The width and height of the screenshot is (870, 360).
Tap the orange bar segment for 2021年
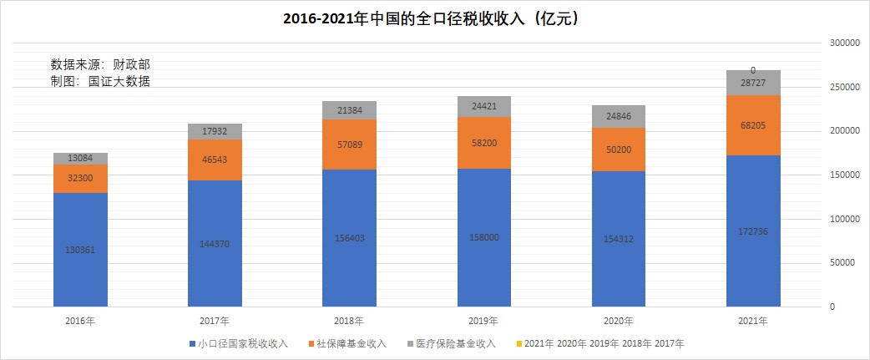click(753, 125)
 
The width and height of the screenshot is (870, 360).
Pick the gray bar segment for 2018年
click(349, 110)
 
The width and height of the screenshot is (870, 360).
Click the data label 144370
click(215, 243)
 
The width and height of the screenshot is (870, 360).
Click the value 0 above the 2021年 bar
click(753, 71)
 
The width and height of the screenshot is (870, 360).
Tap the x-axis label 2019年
click(483, 321)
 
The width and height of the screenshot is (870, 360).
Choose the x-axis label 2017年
click(215, 321)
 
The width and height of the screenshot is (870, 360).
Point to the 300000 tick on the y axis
click(843, 43)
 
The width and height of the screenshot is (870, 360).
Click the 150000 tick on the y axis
click(843, 175)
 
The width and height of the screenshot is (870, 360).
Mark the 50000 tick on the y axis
click(843, 263)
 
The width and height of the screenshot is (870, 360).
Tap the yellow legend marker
click(519, 343)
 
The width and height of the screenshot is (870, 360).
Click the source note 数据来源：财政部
click(100, 64)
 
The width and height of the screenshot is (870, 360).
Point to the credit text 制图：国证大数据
click(100, 81)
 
